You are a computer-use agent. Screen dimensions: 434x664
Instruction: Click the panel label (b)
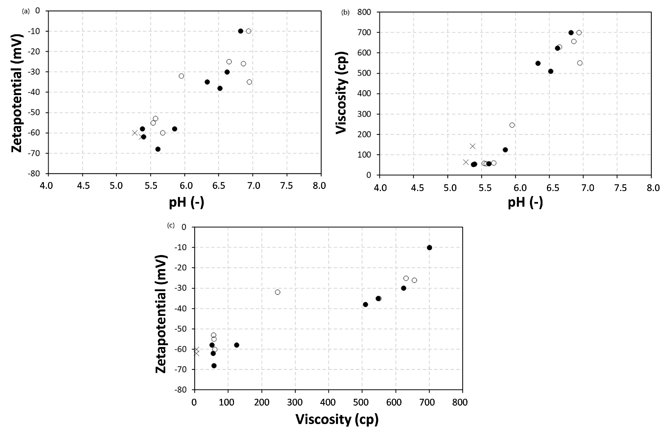345,12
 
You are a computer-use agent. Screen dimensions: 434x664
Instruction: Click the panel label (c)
171,225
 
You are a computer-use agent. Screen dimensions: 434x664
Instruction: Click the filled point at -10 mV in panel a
240,31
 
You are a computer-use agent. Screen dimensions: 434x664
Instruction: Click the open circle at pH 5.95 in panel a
181,76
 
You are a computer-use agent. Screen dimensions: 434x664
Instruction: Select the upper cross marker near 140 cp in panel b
472,146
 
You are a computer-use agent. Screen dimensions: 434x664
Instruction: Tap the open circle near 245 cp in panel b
512,125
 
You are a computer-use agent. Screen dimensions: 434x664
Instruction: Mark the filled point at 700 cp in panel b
571,33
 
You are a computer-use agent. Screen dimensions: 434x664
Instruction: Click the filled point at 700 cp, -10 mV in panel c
429,248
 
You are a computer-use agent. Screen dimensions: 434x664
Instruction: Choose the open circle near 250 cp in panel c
278,292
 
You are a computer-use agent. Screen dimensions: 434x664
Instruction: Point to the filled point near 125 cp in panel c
237,345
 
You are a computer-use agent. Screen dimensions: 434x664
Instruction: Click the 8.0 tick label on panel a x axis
319,186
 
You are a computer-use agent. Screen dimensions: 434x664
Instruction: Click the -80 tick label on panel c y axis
180,390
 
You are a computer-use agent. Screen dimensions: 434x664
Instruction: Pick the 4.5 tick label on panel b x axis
417,188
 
